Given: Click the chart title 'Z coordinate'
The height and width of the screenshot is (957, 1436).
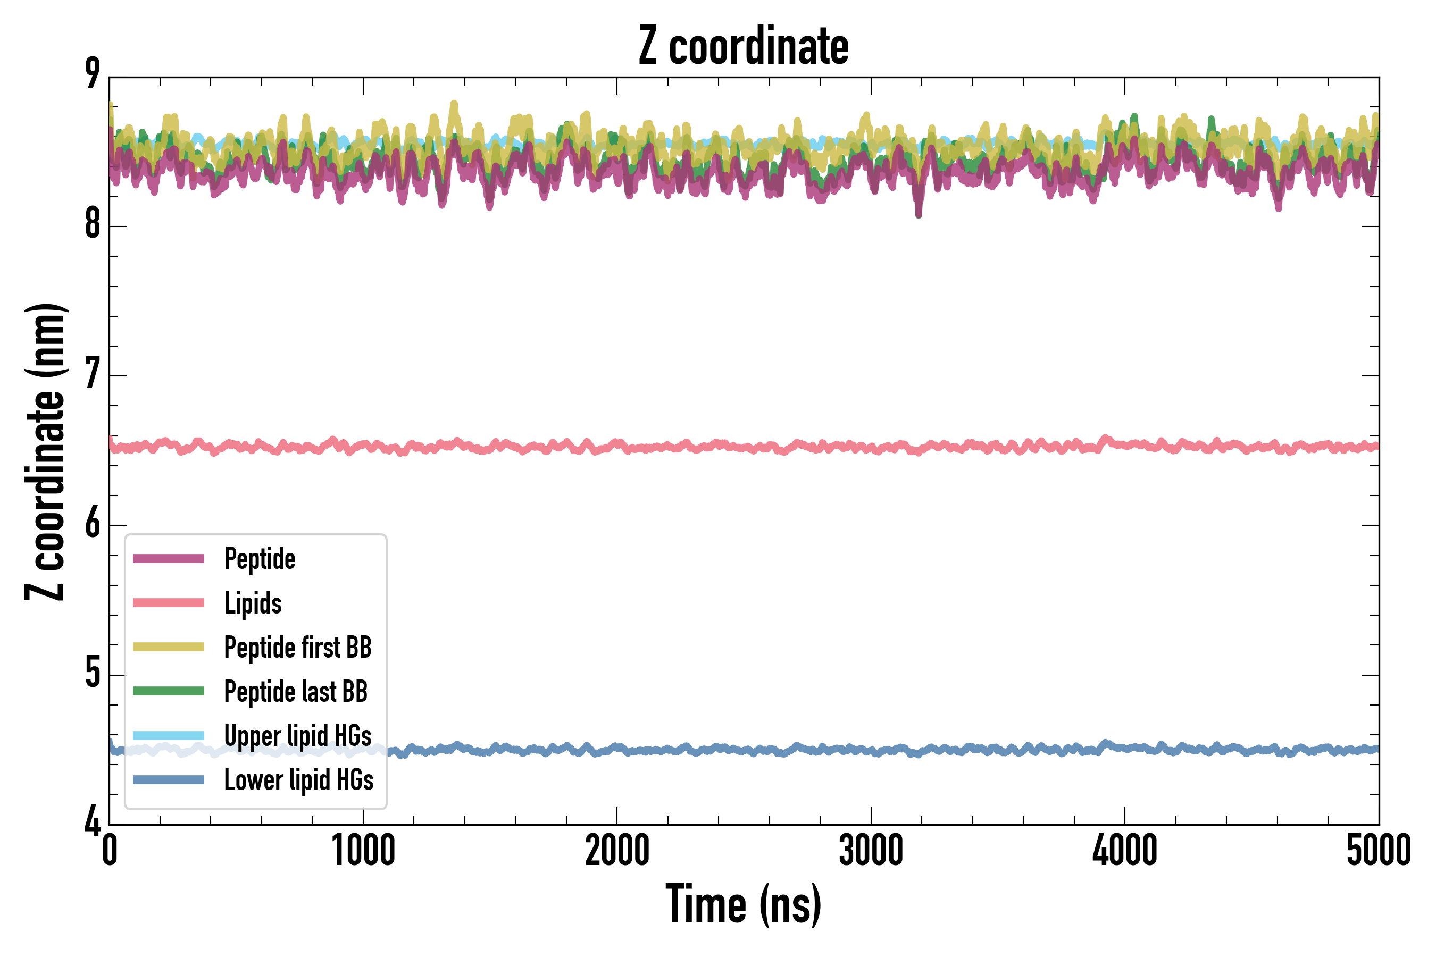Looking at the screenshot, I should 743,46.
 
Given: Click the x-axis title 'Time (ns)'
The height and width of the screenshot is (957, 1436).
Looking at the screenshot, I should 743,904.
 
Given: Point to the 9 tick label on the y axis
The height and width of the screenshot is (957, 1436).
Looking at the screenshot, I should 93,74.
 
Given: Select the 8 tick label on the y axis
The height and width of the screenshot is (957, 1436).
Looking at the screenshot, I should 93,224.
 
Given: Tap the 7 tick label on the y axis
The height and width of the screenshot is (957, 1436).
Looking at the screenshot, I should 93,374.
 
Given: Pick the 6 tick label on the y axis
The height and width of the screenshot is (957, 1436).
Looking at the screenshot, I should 93,524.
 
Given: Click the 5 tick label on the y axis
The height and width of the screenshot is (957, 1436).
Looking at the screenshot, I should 93,673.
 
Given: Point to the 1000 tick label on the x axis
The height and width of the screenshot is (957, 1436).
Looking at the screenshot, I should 363,850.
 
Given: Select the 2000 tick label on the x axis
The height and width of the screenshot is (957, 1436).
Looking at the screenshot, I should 616,850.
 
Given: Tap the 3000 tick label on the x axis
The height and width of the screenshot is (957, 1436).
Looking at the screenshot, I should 871,850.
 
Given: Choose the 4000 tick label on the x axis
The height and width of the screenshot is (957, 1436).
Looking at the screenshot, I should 1125,850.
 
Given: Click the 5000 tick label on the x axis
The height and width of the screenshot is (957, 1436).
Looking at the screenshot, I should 1378,850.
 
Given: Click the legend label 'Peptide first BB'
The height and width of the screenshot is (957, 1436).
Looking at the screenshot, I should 298,648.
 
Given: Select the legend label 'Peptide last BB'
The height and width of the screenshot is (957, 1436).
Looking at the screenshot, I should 296,692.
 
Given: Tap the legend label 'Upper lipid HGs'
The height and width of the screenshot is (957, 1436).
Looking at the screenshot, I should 298,735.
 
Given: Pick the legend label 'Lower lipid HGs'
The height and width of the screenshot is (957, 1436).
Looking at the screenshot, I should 299,780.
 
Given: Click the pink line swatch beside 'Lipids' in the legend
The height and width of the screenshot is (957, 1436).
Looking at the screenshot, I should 169,603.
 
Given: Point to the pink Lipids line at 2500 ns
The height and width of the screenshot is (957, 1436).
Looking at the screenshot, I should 744,447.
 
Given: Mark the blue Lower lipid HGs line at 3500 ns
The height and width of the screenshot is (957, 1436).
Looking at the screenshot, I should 998,749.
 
